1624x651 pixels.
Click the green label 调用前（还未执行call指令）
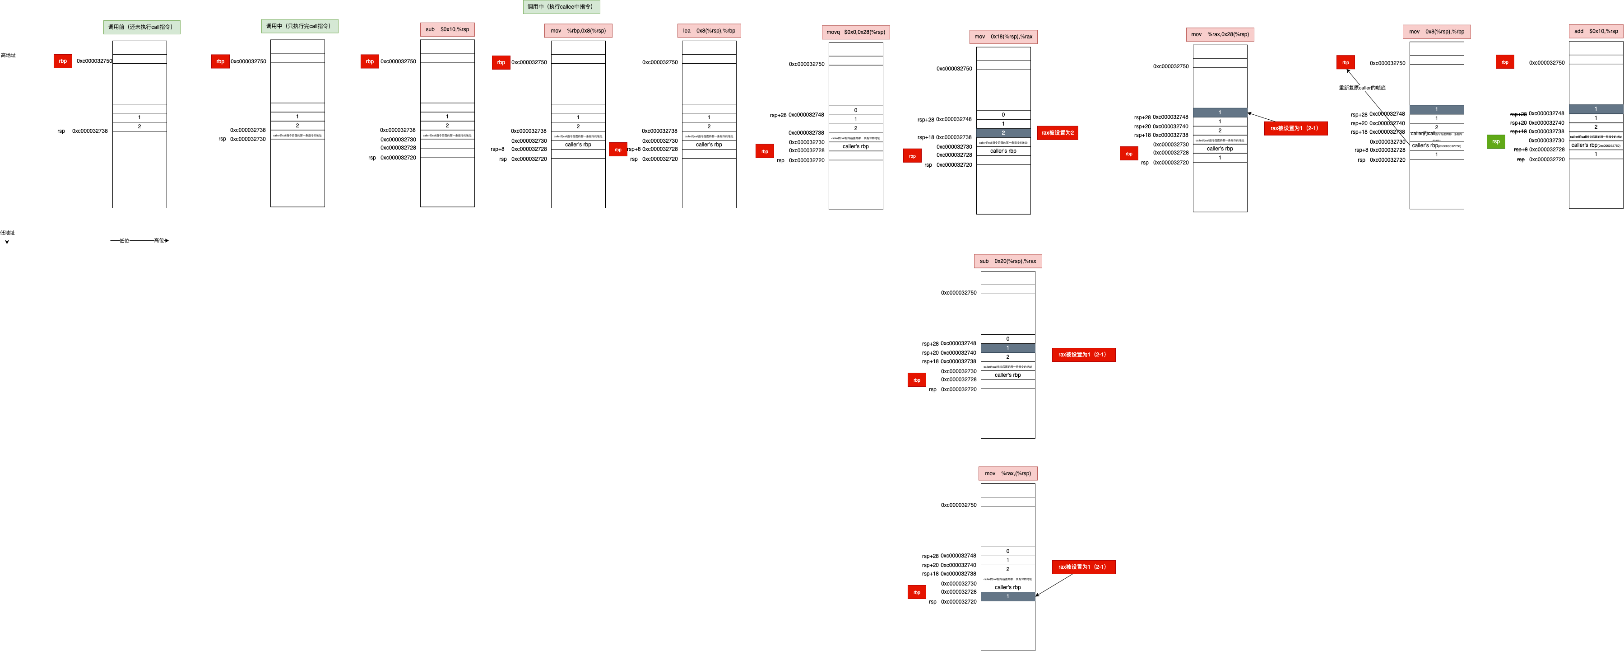[141, 27]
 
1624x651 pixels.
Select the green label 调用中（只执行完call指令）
[299, 26]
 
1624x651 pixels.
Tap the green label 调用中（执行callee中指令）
[561, 7]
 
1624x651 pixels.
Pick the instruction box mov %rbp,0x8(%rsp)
[578, 31]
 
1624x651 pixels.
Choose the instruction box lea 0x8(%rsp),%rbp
[709, 31]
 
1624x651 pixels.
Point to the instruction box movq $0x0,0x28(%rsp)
[855, 32]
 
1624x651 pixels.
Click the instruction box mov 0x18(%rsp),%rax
[1003, 37]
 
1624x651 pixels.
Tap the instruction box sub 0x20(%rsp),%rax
[1007, 261]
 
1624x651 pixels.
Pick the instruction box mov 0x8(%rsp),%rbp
[1436, 32]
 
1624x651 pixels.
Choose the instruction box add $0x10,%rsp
[1596, 31]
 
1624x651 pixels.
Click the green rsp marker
[1495, 141]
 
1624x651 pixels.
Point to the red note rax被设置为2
[1057, 132]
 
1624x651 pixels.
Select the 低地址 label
[8, 233]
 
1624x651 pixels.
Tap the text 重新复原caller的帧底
[1362, 88]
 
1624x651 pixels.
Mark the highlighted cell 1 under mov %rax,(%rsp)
[1007, 596]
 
